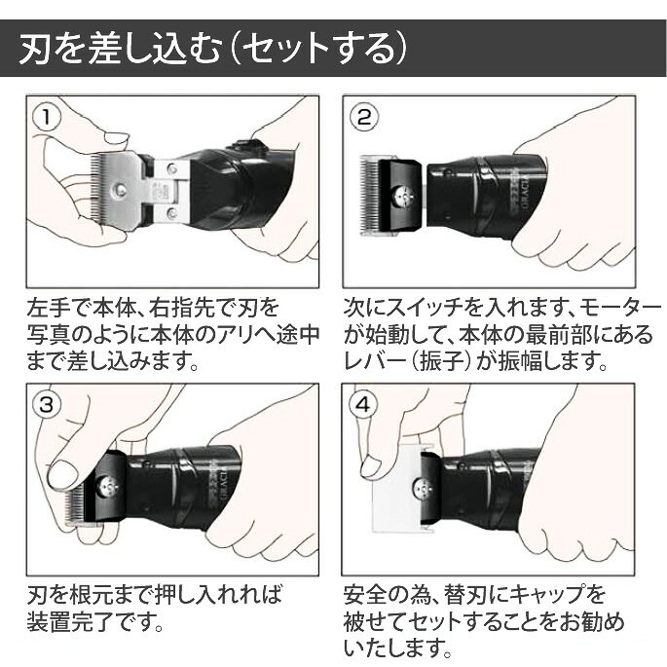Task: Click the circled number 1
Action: tap(47, 118)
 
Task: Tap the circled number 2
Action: tap(364, 118)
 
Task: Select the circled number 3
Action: tap(47, 404)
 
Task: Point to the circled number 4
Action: tap(362, 404)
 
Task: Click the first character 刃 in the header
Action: tap(35, 49)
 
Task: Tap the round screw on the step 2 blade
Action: tap(402, 196)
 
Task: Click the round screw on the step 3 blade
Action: tap(106, 486)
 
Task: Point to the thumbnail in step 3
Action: tap(63, 473)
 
